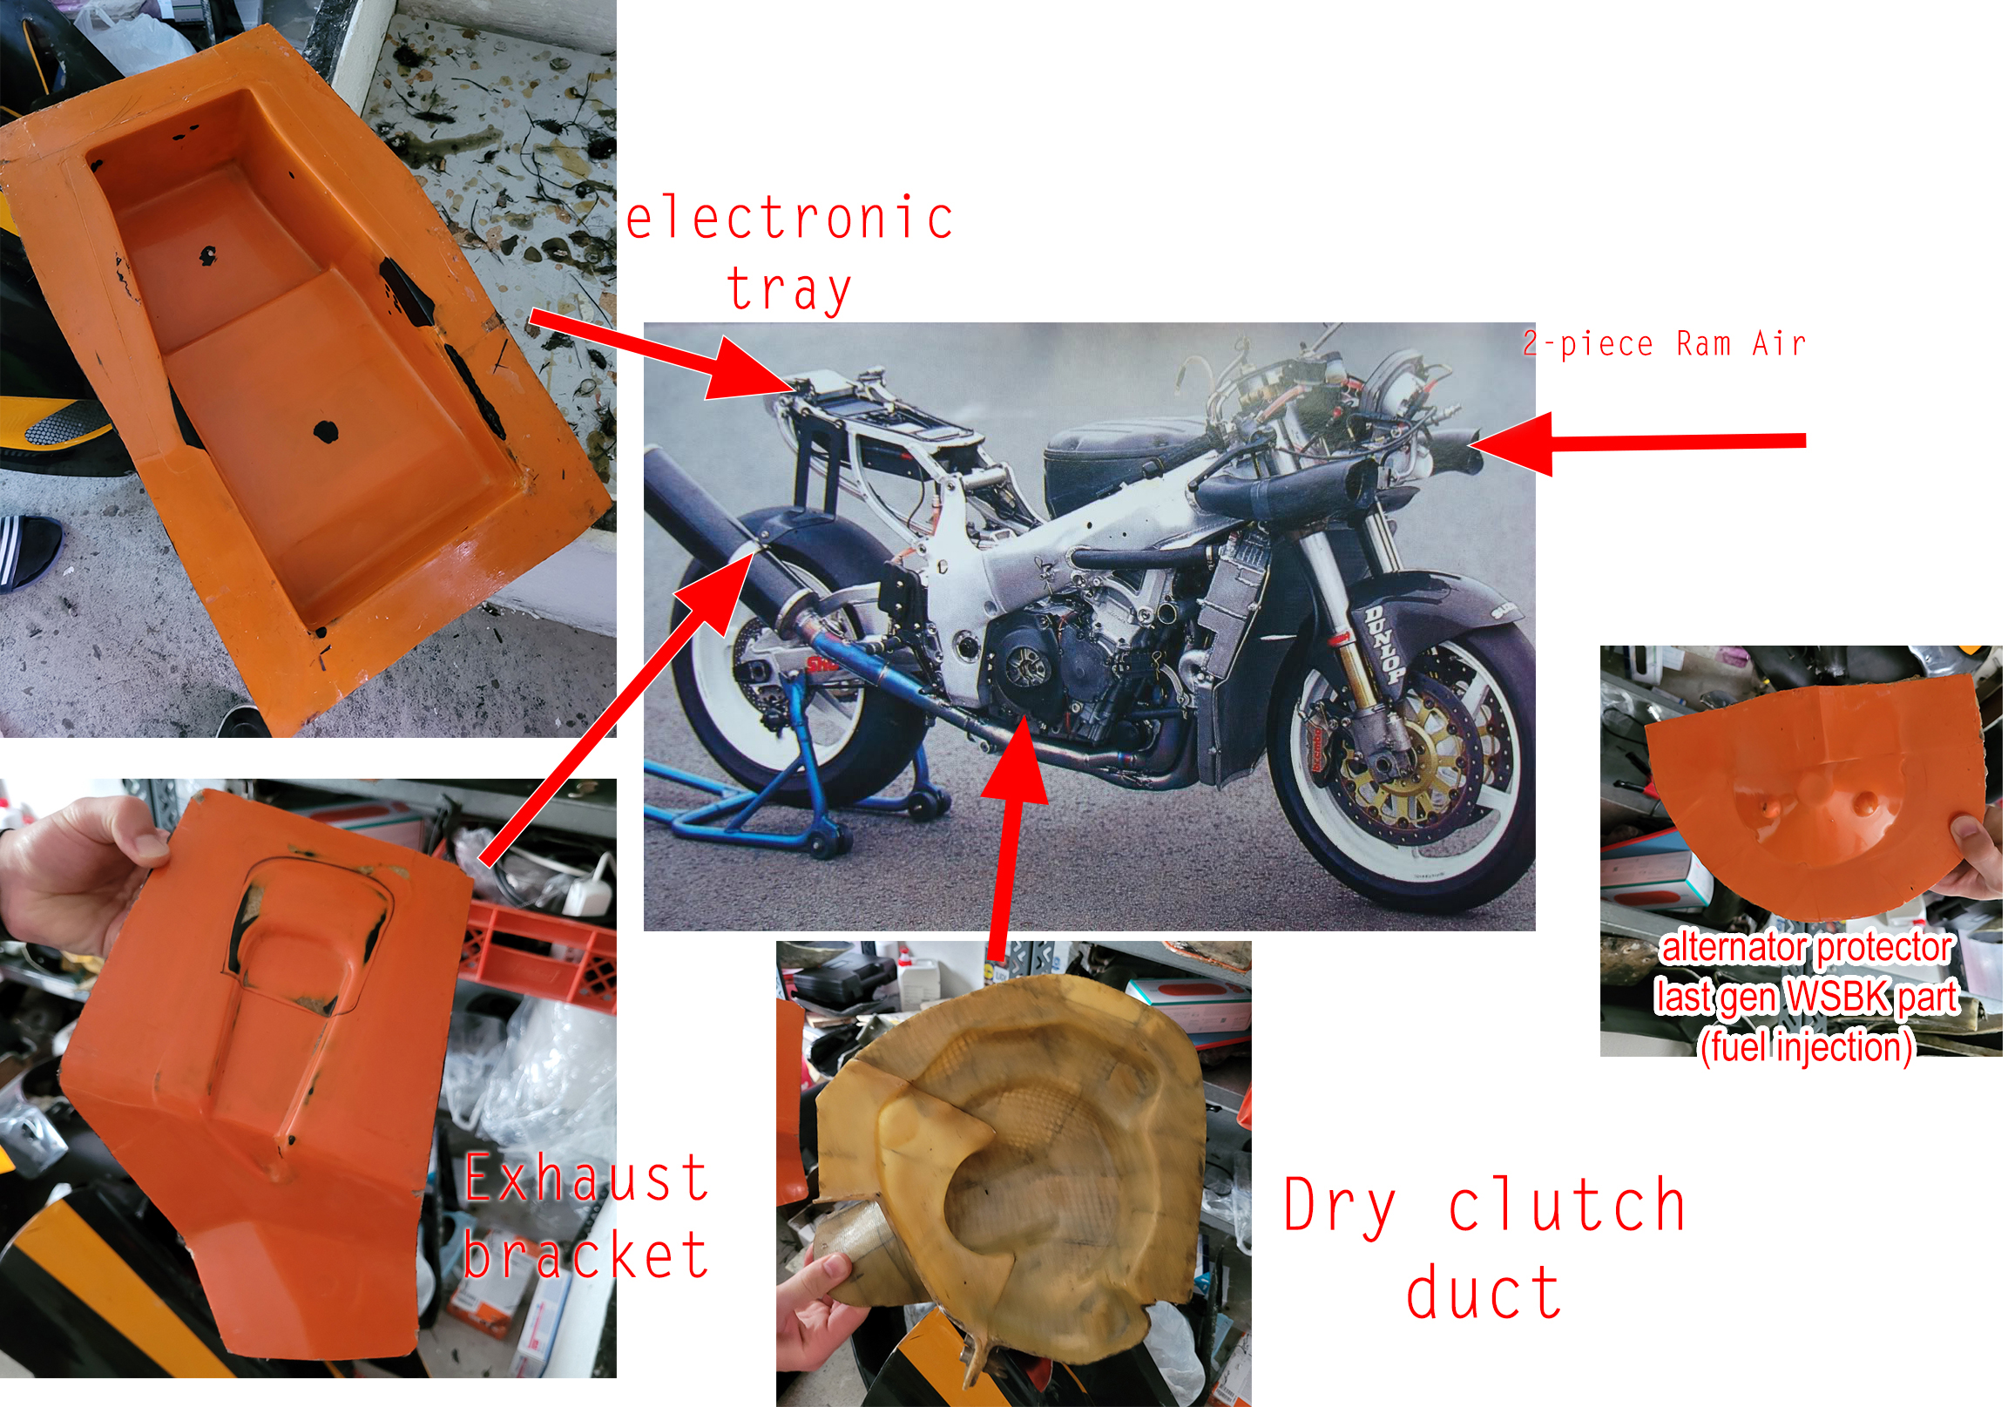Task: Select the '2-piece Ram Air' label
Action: (1664, 343)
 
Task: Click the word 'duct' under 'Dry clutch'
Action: (1484, 1292)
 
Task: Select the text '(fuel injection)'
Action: (1806, 1045)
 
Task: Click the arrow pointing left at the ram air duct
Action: (1636, 442)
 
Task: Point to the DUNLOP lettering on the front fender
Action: (1384, 645)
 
